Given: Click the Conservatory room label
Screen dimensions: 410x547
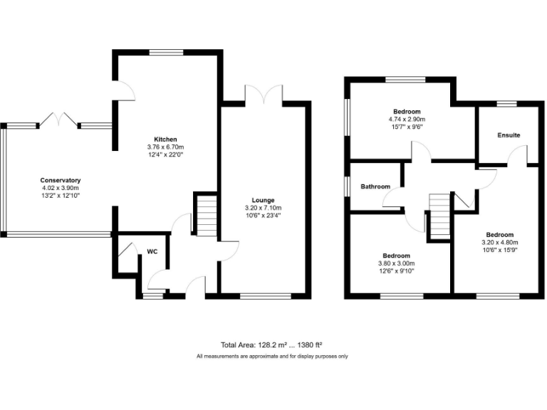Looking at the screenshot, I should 60,180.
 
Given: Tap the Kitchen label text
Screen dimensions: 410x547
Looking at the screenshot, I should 166,139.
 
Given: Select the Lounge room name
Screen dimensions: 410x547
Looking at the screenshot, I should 263,200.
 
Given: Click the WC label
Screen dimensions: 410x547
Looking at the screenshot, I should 152,251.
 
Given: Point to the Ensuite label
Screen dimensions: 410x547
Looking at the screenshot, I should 509,135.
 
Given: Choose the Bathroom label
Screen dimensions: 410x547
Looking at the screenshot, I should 375,186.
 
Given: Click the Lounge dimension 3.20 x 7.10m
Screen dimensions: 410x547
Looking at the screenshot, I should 263,208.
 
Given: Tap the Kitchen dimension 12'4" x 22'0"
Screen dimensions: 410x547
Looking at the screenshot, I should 166,154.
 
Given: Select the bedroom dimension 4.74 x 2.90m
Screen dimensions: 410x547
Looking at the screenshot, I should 407,120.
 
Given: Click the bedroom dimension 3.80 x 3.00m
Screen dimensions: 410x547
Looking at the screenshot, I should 396,263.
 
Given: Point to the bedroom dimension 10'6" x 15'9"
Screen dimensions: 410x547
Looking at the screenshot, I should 499,250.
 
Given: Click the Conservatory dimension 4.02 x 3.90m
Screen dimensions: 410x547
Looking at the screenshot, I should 60,188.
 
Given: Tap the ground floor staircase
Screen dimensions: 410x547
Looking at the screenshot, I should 205,216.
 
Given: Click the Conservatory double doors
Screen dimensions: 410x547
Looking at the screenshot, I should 58,118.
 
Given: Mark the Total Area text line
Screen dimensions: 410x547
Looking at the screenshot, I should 273,345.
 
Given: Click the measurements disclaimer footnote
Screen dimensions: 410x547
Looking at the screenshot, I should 273,356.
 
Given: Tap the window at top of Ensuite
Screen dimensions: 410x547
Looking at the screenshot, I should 506,104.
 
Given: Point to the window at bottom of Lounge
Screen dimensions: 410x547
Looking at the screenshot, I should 265,295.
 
